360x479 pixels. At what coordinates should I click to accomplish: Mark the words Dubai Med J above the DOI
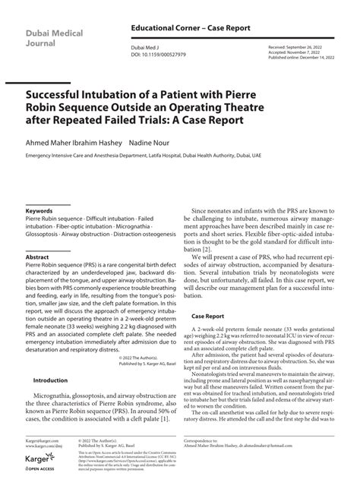pyautogui.click(x=144, y=47)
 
